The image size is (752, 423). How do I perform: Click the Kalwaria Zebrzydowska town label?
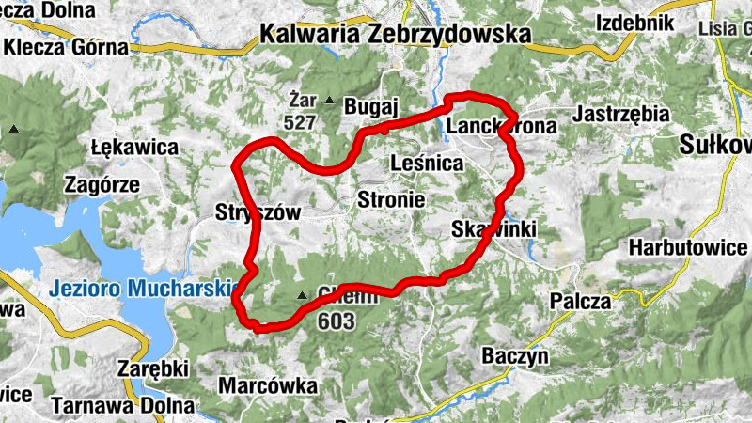point(394,35)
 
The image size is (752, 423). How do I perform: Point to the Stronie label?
point(391,199)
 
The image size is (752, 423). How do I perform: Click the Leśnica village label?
point(427,164)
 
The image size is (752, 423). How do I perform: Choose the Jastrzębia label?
point(621,114)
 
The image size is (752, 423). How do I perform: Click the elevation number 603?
point(336,321)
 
